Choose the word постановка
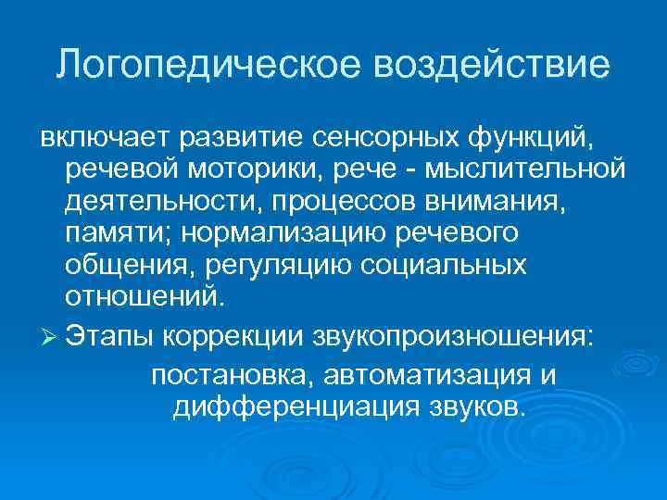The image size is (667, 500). (x=228, y=376)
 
